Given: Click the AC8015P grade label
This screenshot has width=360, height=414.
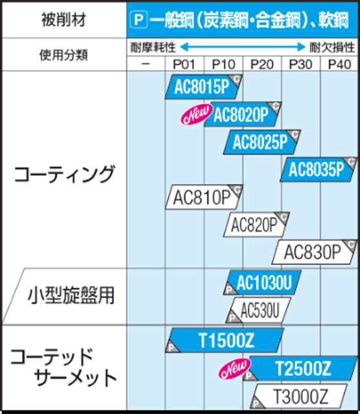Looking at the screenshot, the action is point(204,87).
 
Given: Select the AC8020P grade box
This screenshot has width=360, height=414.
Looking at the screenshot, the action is point(243,114).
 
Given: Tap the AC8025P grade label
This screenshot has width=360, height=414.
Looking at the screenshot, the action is point(262,142).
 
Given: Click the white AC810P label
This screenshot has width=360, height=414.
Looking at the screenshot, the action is point(204,197).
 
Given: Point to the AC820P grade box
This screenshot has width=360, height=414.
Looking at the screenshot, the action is point(256,225).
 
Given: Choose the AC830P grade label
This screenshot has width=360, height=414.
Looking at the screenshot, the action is point(315,252).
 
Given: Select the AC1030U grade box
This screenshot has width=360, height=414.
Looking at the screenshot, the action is point(262,282).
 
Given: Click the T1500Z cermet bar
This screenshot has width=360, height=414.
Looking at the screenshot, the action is point(224,341).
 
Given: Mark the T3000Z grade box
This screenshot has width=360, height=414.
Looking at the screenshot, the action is point(299,396).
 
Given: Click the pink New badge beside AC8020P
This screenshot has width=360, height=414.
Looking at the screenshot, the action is point(197,114).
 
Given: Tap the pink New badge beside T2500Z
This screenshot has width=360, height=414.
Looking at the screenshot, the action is point(235,369).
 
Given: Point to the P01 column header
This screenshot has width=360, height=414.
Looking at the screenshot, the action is point(184,64).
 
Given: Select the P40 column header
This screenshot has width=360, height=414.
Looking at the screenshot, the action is point(339,64).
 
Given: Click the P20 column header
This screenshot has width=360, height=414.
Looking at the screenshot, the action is point(262,64).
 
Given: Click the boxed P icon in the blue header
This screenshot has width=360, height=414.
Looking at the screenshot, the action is point(139,20).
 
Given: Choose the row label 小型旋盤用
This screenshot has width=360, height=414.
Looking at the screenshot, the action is point(71,295).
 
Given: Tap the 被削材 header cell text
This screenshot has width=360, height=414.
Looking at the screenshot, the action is point(64,19).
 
